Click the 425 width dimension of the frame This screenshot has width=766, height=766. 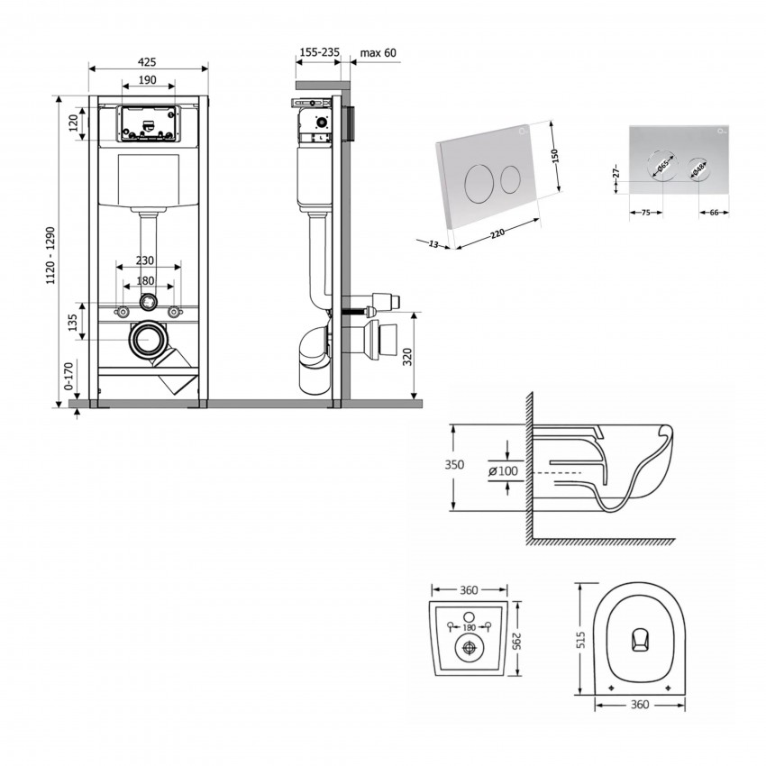pyautogui.click(x=148, y=62)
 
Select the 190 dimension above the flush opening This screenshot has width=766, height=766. pyautogui.click(x=148, y=81)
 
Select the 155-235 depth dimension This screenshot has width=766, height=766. pyautogui.click(x=318, y=52)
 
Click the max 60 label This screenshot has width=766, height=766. pyautogui.click(x=378, y=52)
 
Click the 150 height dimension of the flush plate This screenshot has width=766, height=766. pyautogui.click(x=556, y=155)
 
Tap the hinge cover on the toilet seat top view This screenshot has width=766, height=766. pyautogui.click(x=638, y=639)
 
